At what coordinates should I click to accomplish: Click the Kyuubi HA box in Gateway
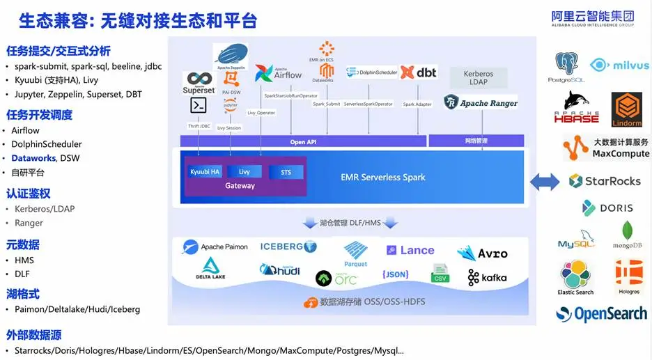pyautogui.click(x=205, y=172)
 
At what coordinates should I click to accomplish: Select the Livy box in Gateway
pyautogui.click(x=244, y=172)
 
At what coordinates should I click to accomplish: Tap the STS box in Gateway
pyautogui.click(x=286, y=172)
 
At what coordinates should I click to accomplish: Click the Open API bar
pyautogui.click(x=303, y=141)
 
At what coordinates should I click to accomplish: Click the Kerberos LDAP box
pyautogui.click(x=479, y=77)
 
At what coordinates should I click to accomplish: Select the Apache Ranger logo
pyautogui.click(x=481, y=103)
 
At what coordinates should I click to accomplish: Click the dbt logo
pyautogui.click(x=418, y=72)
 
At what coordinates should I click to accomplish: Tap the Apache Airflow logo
pyautogui.click(x=278, y=72)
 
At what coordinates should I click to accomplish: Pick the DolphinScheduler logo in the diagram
pyautogui.click(x=371, y=72)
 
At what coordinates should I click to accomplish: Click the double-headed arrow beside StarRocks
pyautogui.click(x=545, y=182)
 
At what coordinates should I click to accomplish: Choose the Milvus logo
pyautogui.click(x=619, y=65)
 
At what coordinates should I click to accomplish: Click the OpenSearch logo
pyautogui.click(x=603, y=314)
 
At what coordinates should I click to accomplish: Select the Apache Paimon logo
pyautogui.click(x=215, y=246)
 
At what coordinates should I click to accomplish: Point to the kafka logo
pyautogui.click(x=488, y=277)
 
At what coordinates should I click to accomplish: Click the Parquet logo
pyautogui.click(x=355, y=253)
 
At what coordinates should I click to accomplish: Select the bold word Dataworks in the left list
pyautogui.click(x=33, y=158)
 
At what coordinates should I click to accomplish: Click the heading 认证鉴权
pyautogui.click(x=29, y=194)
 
